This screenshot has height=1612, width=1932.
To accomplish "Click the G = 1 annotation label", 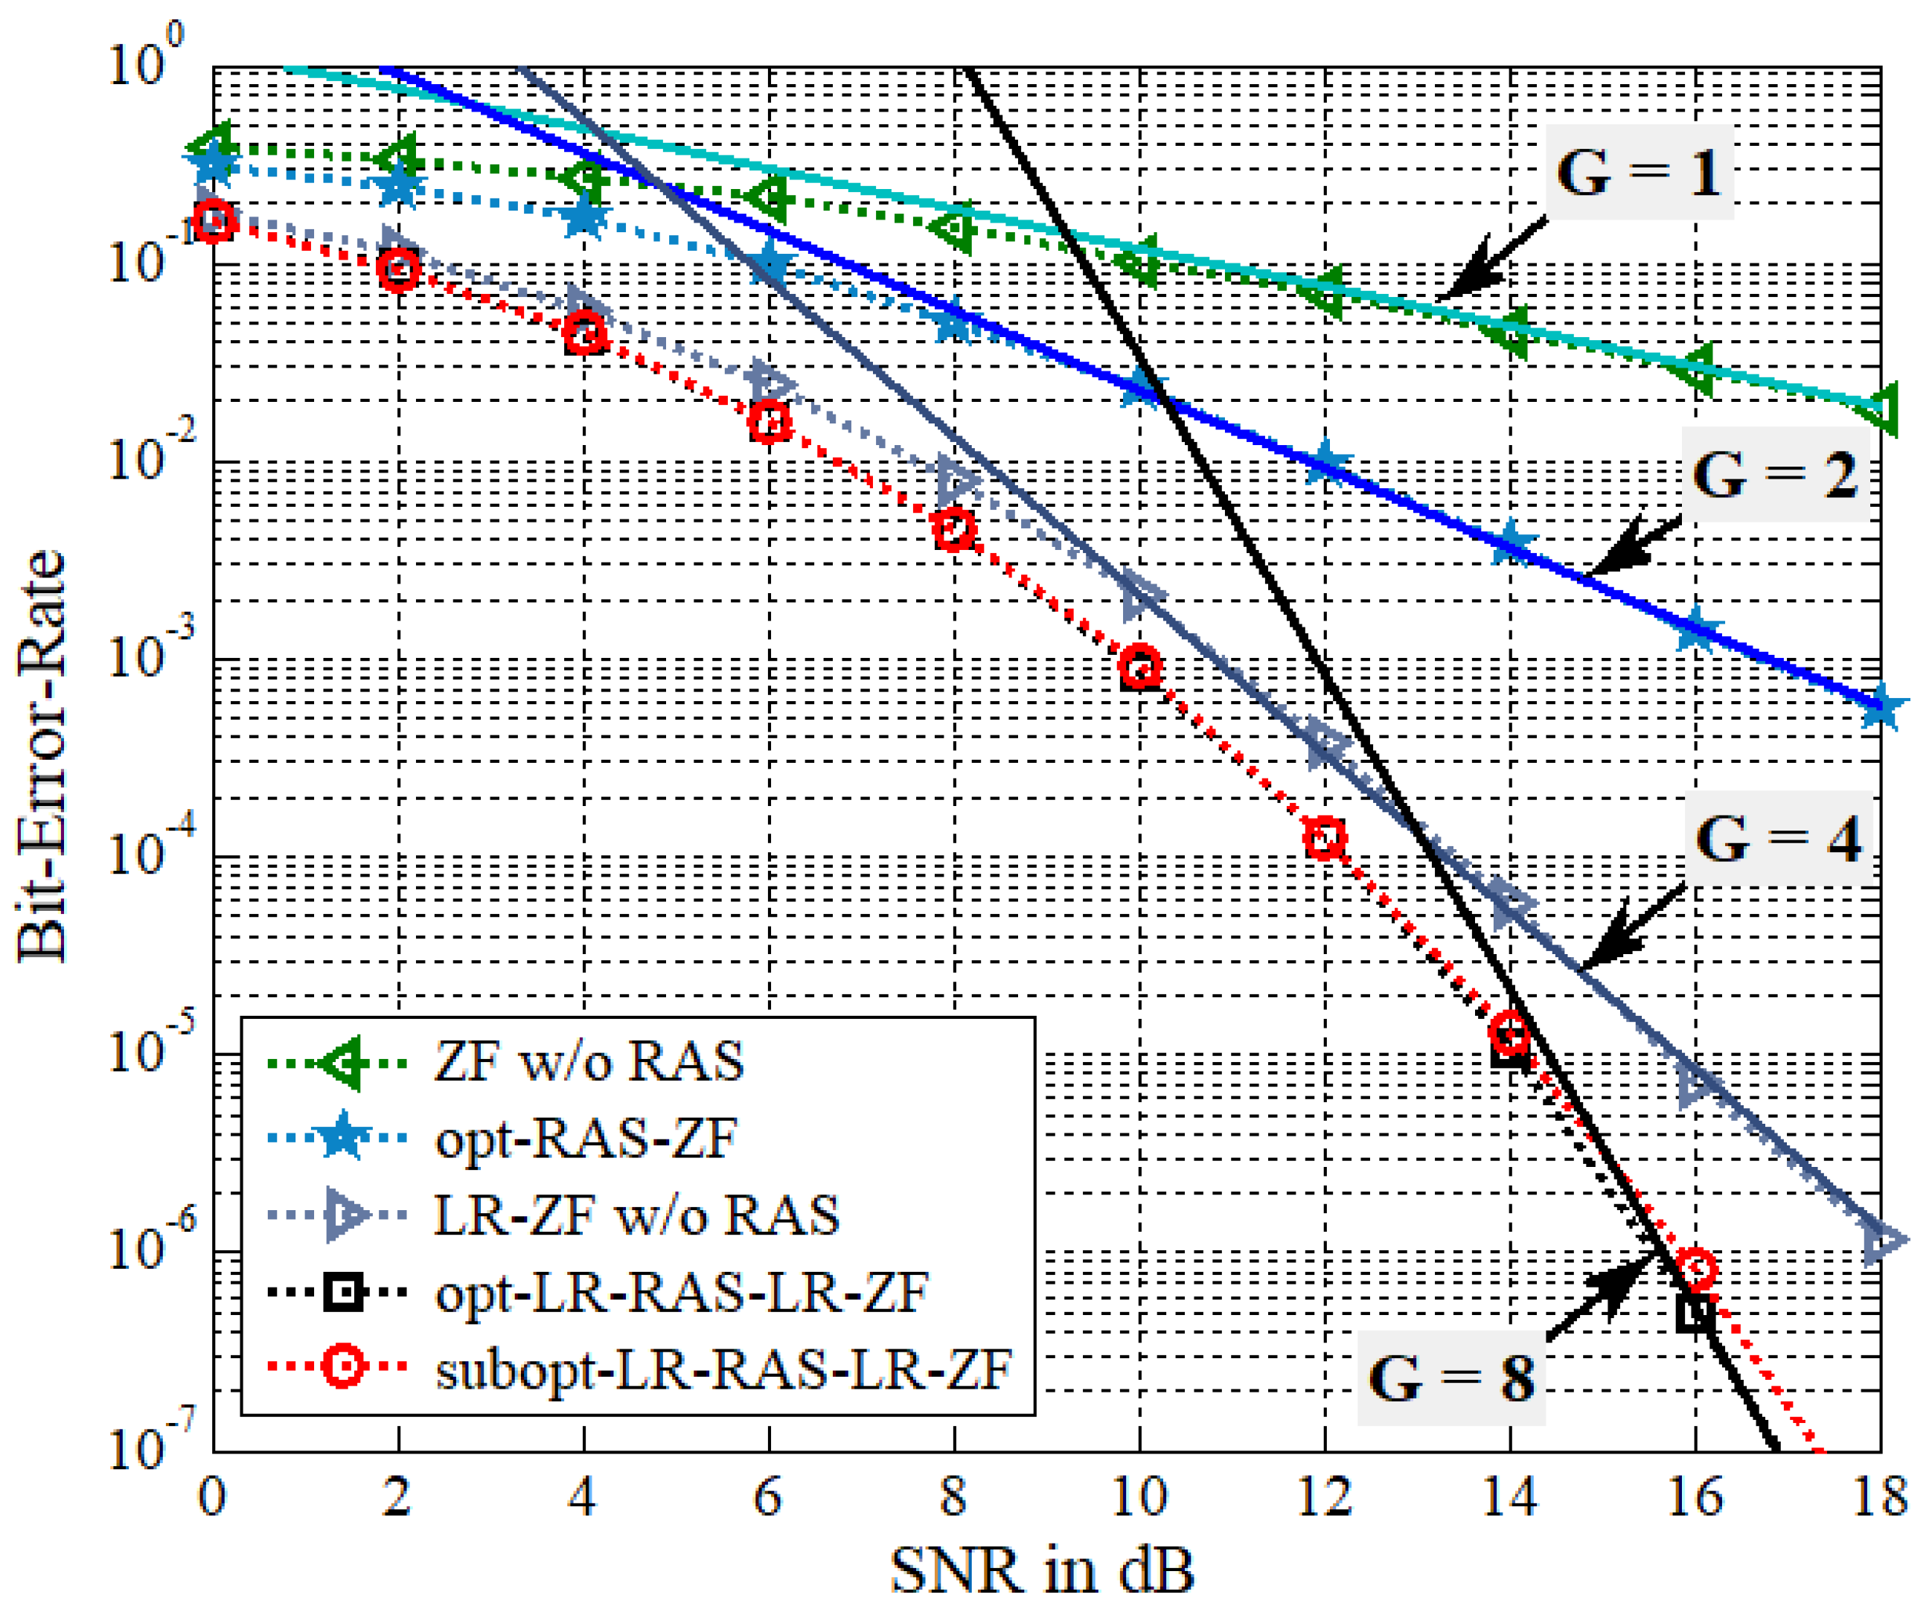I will click(1637, 172).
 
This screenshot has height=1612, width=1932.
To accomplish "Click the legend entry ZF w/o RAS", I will click(589, 1062).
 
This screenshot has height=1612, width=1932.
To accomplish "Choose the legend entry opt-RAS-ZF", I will click(586, 1139).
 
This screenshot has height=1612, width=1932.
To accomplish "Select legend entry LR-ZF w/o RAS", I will click(636, 1215).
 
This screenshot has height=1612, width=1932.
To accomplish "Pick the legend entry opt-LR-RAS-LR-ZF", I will click(682, 1293).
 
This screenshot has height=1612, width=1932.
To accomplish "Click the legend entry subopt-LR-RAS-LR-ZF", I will click(723, 1369).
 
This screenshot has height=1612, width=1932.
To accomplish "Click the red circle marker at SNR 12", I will click(1325, 837).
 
